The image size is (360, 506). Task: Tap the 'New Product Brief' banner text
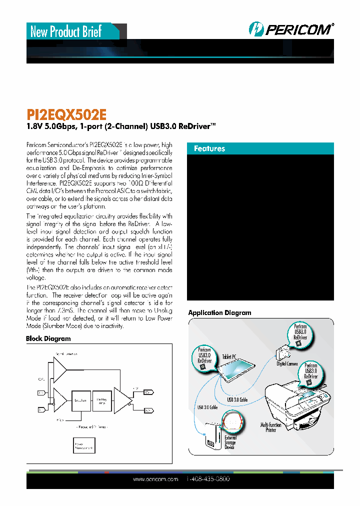66,32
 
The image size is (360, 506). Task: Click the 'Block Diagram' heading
48,338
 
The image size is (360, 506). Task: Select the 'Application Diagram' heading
219,312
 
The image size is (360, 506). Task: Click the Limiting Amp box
101,400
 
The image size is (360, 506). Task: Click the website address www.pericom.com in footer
155,479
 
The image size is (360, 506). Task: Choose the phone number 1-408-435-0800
207,479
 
